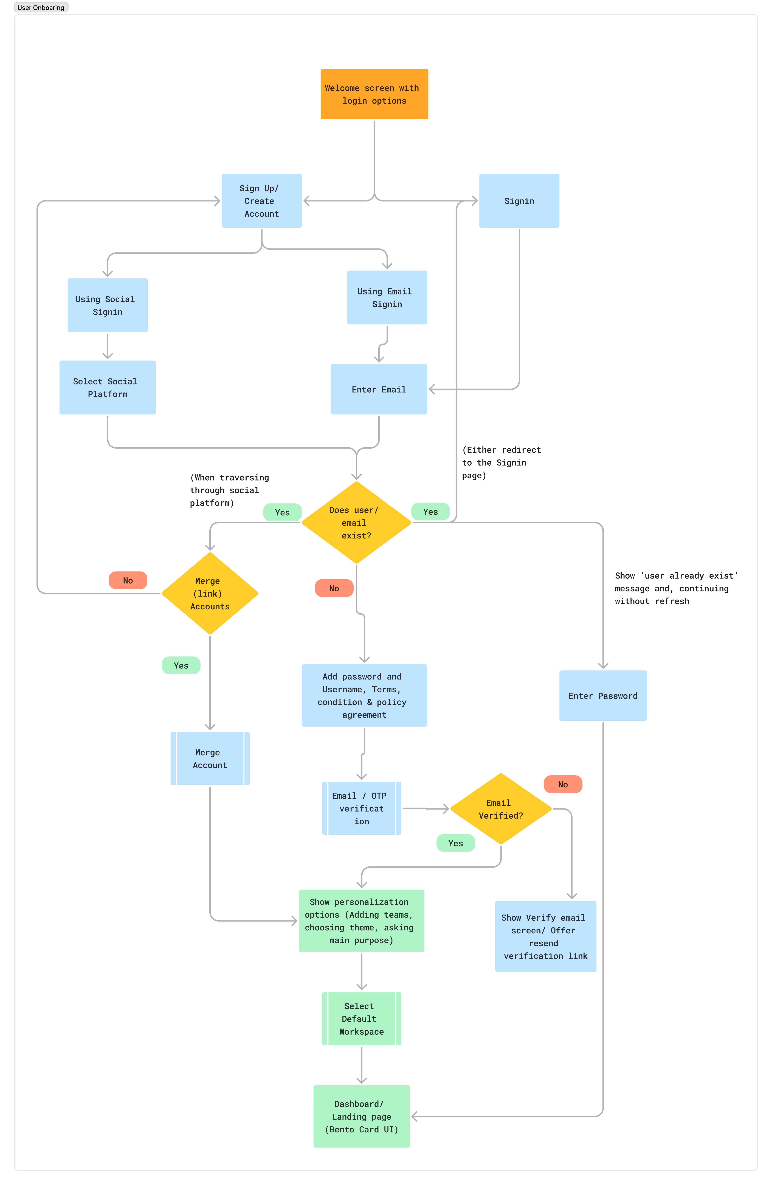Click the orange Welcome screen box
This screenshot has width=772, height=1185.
374,94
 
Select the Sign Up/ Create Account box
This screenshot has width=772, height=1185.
261,201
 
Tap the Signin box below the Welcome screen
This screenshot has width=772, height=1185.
519,201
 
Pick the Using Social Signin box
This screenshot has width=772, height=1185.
108,305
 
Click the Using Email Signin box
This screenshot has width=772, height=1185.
387,297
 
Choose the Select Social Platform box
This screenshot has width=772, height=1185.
108,387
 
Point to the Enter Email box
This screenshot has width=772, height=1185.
379,389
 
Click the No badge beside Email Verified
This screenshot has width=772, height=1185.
562,784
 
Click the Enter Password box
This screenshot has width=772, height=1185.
603,696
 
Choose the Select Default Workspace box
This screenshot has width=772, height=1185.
361,1019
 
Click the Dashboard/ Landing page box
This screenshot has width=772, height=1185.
361,1116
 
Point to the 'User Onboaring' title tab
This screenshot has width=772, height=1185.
41,7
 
